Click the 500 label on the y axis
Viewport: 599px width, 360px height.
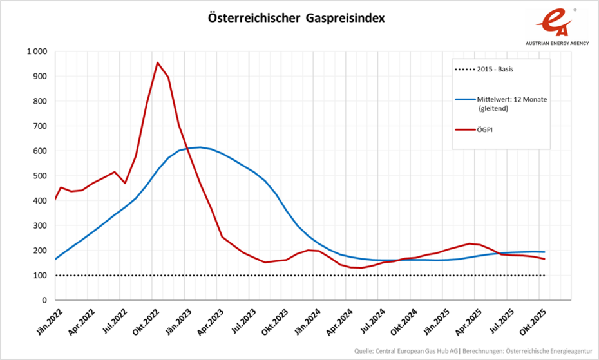tap(39, 176)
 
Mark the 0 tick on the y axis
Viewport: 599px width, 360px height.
tap(45, 300)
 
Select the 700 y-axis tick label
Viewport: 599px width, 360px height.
tap(39, 126)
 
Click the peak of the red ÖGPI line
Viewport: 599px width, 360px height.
tap(157, 62)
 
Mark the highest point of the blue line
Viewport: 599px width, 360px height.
tap(200, 147)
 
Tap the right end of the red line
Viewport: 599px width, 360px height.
tap(544, 259)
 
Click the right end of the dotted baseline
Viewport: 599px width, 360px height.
tap(544, 276)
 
